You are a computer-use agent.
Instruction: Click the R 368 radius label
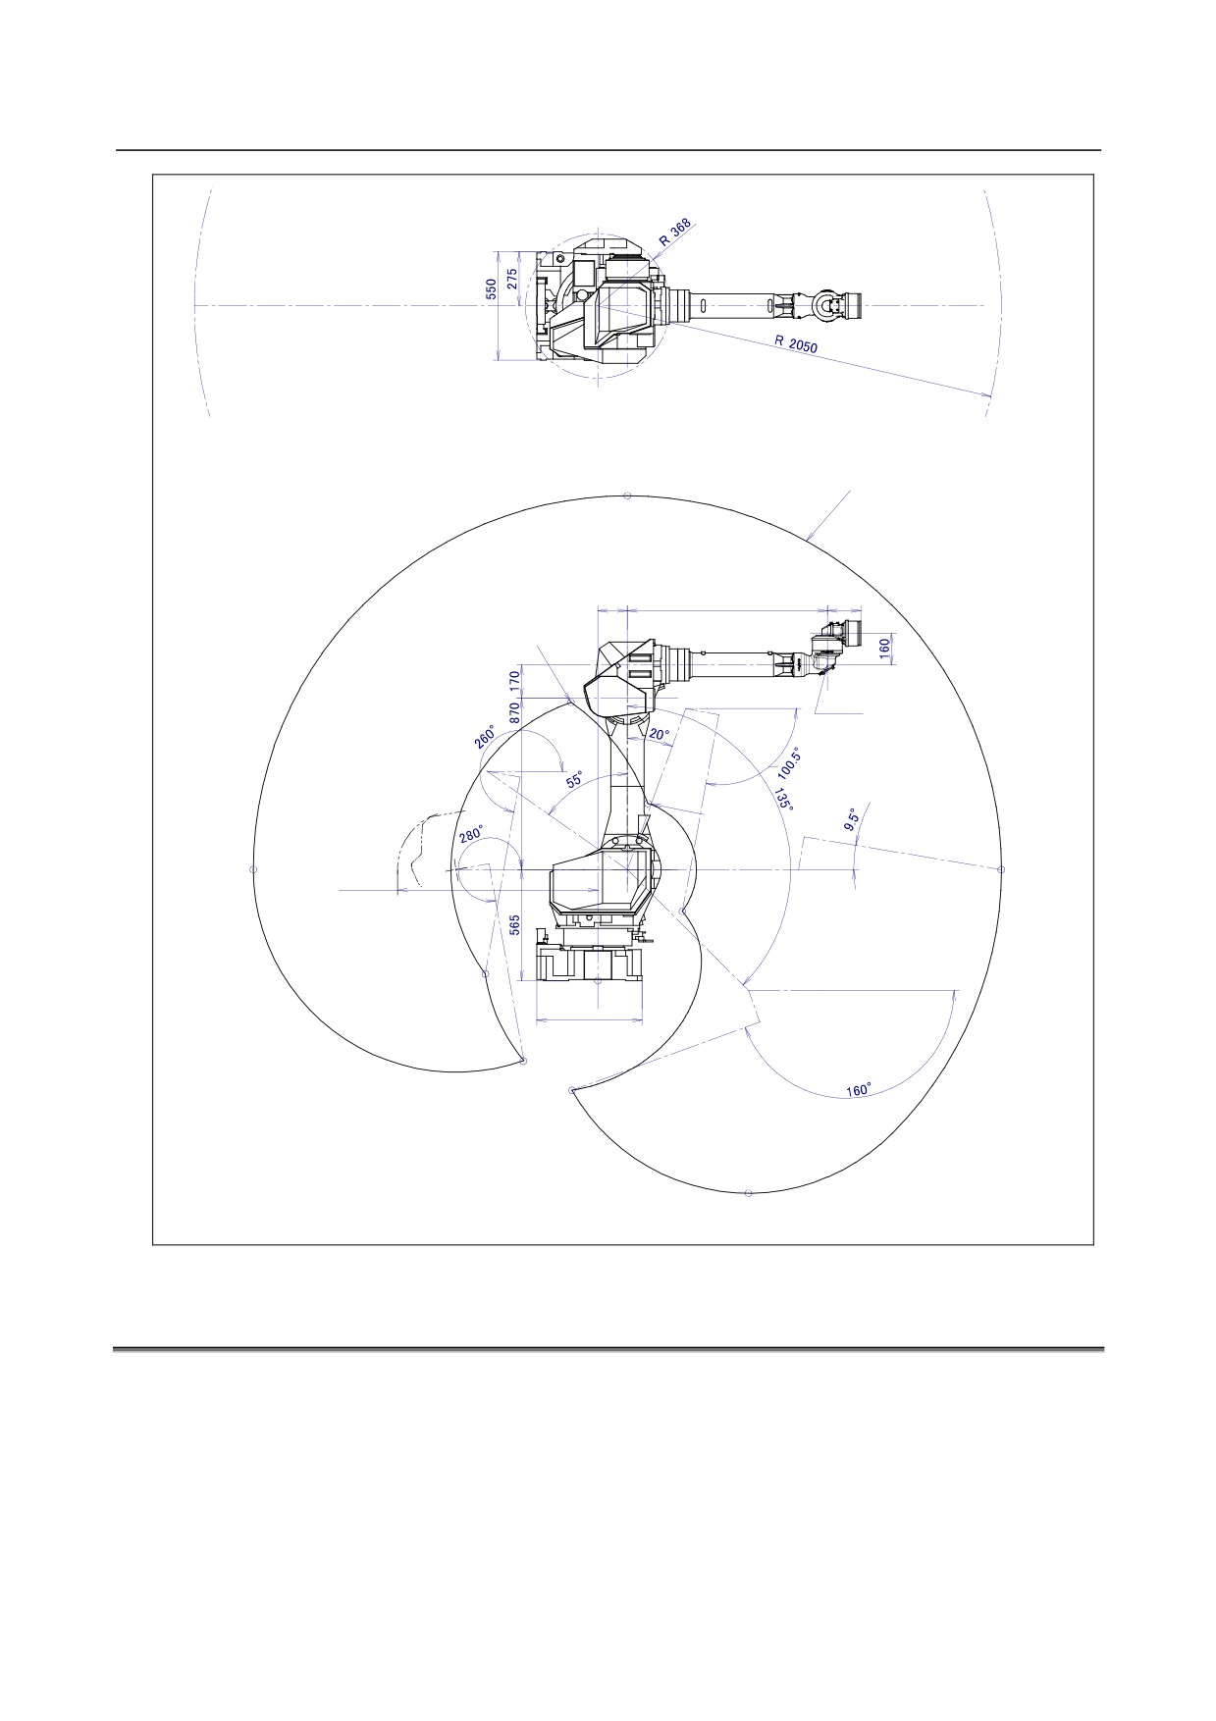676,233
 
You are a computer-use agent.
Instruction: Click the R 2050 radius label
796,344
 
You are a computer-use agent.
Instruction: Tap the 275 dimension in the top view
511,278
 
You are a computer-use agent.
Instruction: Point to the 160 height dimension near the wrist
883,647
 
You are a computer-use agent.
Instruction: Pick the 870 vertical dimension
514,713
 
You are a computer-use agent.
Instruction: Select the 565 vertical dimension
514,926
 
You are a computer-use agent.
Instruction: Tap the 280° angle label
472,835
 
